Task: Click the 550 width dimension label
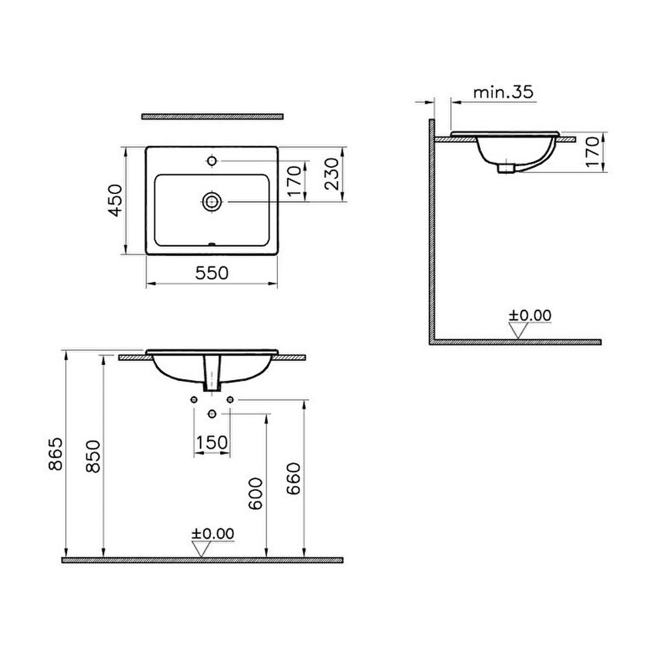212,273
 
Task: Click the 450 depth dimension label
115,200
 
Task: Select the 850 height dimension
93,456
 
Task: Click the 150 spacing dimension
212,442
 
